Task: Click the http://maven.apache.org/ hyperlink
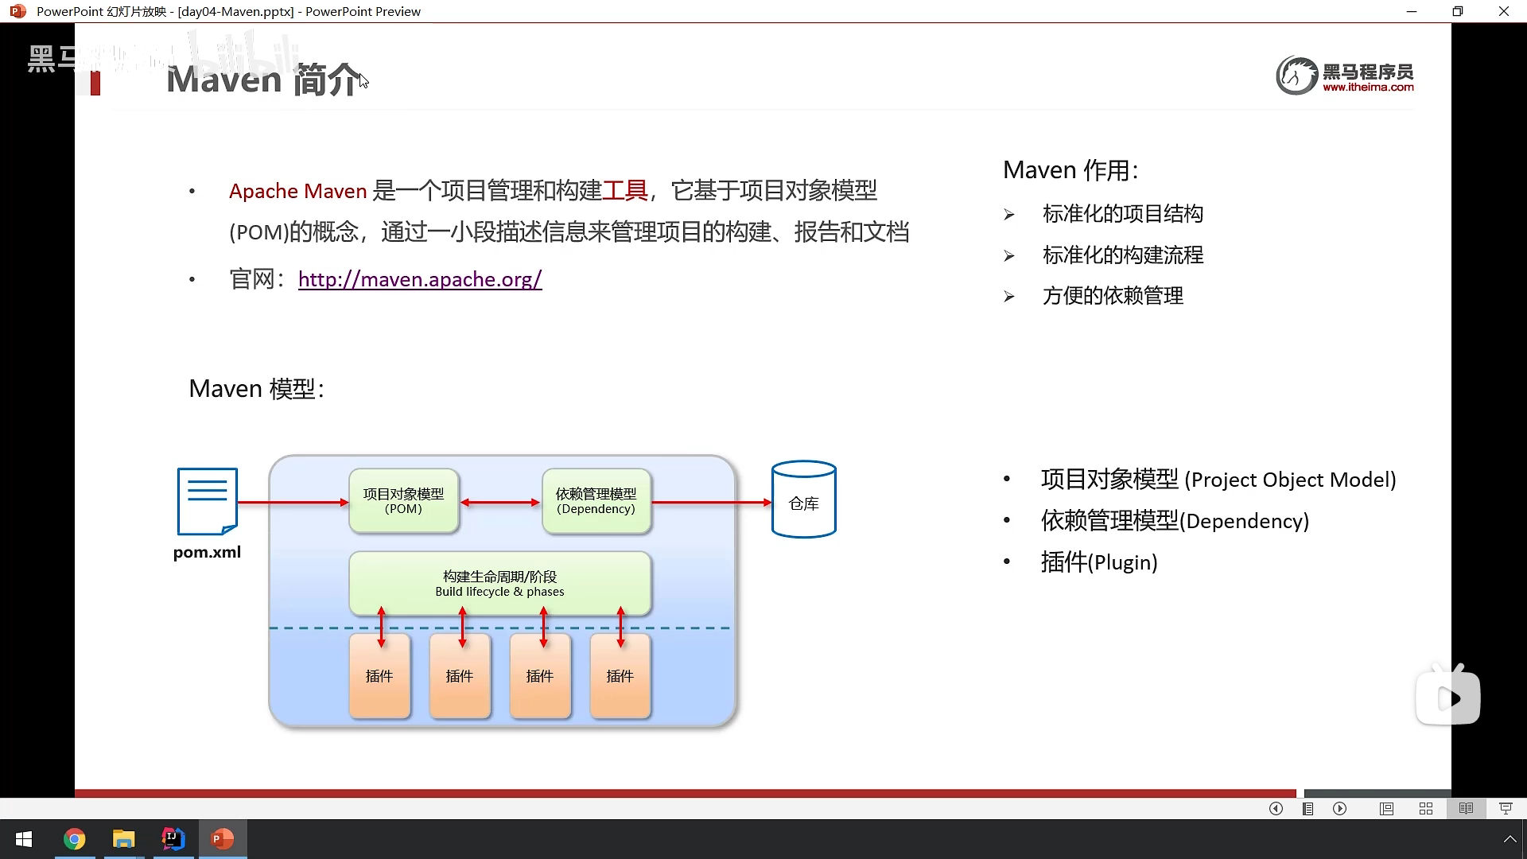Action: click(x=420, y=279)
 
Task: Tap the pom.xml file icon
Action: click(x=208, y=502)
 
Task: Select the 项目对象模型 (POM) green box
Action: click(x=403, y=501)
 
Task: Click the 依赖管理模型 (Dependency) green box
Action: click(x=596, y=501)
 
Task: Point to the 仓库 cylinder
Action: click(x=803, y=500)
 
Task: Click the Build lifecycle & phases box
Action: click(x=499, y=583)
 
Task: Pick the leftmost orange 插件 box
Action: click(x=379, y=676)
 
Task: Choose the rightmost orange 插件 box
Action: click(x=620, y=676)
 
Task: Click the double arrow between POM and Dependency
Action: click(x=500, y=503)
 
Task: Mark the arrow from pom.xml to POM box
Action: click(x=293, y=503)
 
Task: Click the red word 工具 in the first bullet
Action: click(x=625, y=191)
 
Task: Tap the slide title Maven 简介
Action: click(x=263, y=80)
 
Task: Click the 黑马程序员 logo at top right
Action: click(x=1345, y=76)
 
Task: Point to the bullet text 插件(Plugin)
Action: click(x=1098, y=562)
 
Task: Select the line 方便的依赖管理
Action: click(x=1113, y=296)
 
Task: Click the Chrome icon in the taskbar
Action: click(x=75, y=839)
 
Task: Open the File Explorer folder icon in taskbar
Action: click(x=123, y=839)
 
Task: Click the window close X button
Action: click(x=1503, y=11)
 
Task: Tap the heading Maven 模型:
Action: click(x=256, y=389)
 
